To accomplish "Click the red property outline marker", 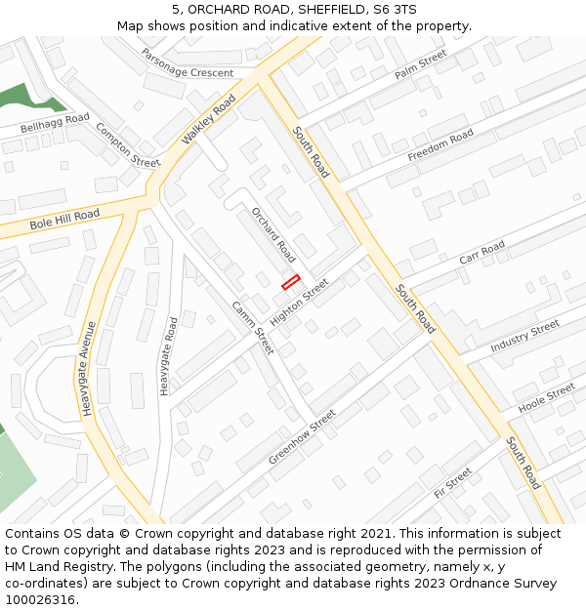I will (290, 282).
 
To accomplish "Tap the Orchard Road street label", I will (273, 234).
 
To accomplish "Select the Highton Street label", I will (300, 303).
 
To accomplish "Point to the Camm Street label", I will (253, 327).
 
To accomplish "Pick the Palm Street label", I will (420, 67).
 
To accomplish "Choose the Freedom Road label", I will (440, 144).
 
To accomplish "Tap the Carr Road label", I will (481, 252).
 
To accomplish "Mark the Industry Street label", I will (524, 336).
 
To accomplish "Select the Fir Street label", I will (453, 482).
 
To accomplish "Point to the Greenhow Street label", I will (302, 436).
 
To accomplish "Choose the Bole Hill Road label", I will (64, 220).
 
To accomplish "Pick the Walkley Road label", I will (208, 127).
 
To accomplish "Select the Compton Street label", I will (128, 145).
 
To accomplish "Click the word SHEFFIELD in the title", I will (334, 9).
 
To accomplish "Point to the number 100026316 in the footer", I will (40, 599).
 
